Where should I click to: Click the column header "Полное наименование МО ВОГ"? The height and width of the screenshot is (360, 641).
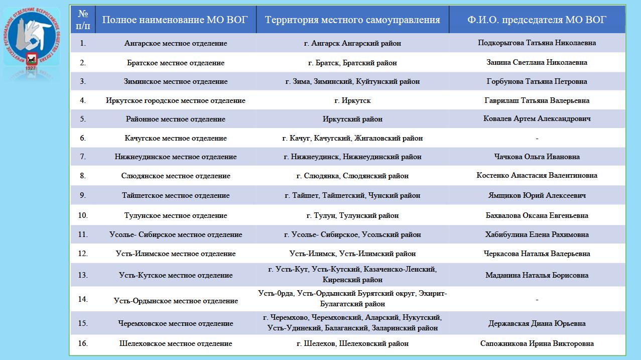click(175, 20)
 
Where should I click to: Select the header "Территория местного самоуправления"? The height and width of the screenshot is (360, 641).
click(352, 20)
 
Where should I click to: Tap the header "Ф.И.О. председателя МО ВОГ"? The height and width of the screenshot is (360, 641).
click(537, 20)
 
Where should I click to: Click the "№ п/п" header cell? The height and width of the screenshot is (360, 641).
click(83, 20)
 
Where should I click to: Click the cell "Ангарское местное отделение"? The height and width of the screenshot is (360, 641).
click(176, 43)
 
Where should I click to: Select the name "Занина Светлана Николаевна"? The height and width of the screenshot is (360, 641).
click(537, 63)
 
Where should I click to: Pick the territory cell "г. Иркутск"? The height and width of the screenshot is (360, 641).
click(352, 100)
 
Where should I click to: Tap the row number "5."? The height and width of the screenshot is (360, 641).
click(83, 119)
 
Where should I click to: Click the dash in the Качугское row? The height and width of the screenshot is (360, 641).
click(537, 138)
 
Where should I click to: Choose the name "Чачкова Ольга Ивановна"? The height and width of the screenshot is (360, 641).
click(537, 157)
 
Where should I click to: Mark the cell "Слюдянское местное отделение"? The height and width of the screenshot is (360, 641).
click(176, 176)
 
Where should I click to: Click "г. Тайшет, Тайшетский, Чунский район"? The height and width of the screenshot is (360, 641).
click(352, 195)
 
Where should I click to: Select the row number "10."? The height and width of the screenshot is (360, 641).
click(83, 215)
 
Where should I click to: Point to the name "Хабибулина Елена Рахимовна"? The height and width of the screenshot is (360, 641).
click(537, 234)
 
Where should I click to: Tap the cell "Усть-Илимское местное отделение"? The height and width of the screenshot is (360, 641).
click(176, 254)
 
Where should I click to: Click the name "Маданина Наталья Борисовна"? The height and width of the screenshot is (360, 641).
click(537, 275)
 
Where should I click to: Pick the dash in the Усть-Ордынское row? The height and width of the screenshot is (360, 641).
click(537, 300)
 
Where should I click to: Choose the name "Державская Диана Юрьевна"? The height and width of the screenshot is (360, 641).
click(537, 323)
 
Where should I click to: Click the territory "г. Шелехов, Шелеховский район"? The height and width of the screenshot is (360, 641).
click(352, 343)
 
